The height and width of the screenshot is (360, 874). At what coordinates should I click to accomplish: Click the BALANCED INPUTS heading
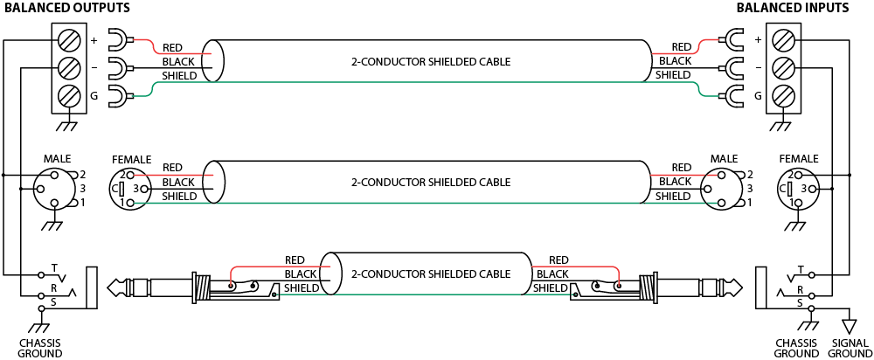tap(792, 8)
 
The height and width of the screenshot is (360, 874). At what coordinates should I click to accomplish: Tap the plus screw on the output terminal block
tap(68, 39)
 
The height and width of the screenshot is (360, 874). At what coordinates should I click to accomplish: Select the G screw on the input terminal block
tap(784, 95)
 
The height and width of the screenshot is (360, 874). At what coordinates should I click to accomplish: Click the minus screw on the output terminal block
tap(68, 67)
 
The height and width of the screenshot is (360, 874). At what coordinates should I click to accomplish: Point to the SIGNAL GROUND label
tap(850, 349)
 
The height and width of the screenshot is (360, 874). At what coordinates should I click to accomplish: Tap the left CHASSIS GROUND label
tap(40, 349)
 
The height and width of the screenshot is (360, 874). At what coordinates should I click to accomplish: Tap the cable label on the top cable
tap(430, 62)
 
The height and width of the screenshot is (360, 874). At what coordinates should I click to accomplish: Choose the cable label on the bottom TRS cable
tap(430, 273)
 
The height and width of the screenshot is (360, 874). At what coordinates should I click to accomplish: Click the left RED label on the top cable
tap(173, 48)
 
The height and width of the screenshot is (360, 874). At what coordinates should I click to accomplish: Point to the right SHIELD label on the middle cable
tap(673, 197)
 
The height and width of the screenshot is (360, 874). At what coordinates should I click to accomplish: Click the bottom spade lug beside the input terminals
tap(730, 95)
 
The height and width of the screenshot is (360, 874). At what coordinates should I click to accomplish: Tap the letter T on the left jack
tap(54, 267)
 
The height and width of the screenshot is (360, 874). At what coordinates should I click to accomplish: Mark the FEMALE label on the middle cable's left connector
tap(131, 160)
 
